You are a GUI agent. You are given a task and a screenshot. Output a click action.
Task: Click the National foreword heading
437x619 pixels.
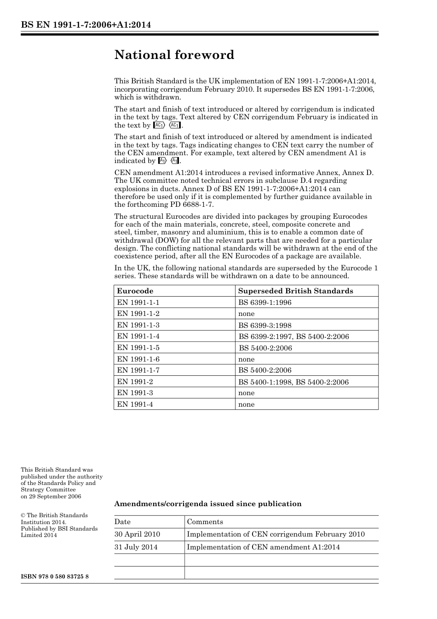click(174, 55)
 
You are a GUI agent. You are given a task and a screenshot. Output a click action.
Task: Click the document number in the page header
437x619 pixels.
click(86, 25)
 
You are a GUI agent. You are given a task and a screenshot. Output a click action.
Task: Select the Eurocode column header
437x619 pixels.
click(135, 291)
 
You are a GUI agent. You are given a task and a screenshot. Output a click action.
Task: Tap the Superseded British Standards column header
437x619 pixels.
click(296, 291)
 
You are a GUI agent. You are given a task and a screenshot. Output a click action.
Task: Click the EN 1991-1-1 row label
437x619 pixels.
click(138, 303)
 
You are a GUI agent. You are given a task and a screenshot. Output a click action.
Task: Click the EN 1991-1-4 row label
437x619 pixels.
click(138, 336)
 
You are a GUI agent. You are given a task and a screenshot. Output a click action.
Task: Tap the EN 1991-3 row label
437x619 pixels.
click(135, 393)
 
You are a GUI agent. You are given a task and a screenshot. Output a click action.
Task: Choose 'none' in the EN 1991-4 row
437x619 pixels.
click(246, 404)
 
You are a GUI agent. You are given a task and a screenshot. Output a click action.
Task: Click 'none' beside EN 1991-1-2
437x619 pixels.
click(246, 314)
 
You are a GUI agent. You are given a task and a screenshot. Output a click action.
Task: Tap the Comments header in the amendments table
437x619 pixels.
click(205, 522)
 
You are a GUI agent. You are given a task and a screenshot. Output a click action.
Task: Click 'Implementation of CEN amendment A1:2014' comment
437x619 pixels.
click(263, 547)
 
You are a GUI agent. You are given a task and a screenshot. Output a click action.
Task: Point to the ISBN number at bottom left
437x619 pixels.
click(55, 577)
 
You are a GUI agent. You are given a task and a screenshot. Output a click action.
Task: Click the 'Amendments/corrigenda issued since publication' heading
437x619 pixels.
click(208, 504)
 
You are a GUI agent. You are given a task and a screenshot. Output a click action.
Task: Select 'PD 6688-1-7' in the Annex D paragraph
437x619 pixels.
click(192, 204)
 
